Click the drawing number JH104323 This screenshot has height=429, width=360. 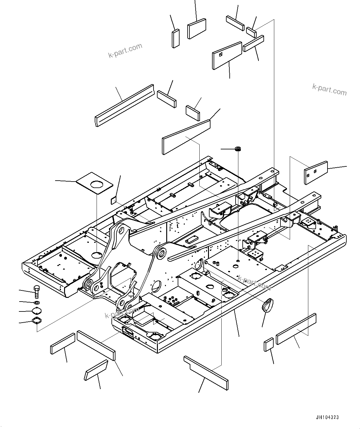pyautogui.click(x=327, y=417)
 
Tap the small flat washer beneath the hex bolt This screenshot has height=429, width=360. pyautogui.click(x=37, y=302)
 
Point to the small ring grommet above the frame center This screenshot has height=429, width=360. pyautogui.click(x=238, y=149)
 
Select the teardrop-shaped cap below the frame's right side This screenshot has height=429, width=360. pyautogui.click(x=266, y=306)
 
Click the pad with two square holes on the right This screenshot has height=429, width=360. pyautogui.click(x=315, y=173)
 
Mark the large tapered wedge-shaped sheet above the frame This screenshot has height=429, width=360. pyautogui.click(x=186, y=137)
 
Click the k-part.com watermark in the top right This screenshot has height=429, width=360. pyautogui.click(x=329, y=90)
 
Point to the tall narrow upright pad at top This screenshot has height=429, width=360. pyautogui.click(x=176, y=38)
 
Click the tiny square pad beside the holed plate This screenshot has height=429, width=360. pyautogui.click(x=114, y=200)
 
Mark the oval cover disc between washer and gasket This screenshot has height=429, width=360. pyautogui.click(x=37, y=311)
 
